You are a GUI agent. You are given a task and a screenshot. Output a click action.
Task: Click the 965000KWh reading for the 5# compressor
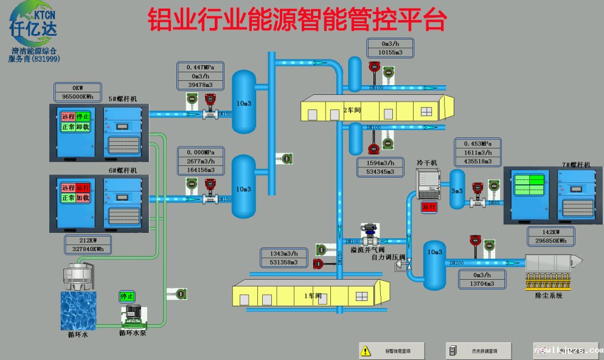77,97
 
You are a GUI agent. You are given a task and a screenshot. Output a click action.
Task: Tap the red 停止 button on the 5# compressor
83,116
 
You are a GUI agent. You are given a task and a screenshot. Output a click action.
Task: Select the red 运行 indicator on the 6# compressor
83,187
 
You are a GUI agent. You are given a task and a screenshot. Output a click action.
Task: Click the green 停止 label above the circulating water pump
127,297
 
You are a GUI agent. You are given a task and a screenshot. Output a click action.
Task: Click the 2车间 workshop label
350,110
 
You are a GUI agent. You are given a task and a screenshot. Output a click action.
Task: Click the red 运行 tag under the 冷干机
429,207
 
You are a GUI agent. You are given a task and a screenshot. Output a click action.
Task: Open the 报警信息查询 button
391,351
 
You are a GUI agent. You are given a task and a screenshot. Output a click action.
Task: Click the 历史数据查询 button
478,351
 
